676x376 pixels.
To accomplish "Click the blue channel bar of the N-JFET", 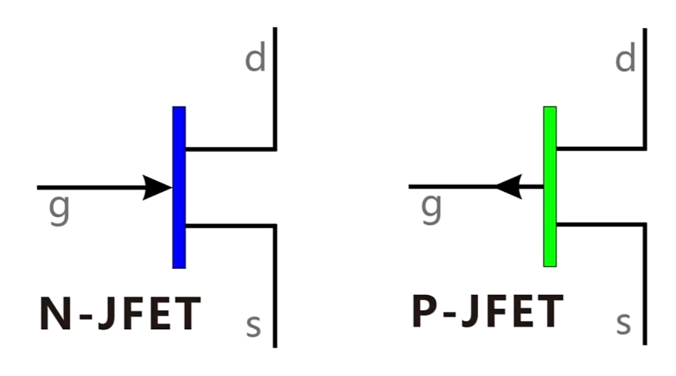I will point(179,187).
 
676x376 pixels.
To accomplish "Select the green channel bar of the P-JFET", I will point(550,186).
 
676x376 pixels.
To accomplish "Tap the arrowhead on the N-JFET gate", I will point(158,187).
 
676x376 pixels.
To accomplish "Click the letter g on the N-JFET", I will point(59,210).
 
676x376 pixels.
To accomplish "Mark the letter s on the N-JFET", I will point(253,326).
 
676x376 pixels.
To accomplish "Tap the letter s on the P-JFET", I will point(623,324).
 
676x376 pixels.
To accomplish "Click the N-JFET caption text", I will point(120,314).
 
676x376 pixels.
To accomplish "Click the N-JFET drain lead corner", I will point(275,149).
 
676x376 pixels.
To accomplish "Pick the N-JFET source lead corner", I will point(275,225).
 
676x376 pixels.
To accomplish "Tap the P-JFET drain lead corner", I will point(645,148).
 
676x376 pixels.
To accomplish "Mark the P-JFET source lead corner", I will point(645,224).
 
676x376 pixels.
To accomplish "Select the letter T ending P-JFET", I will point(548,312).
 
